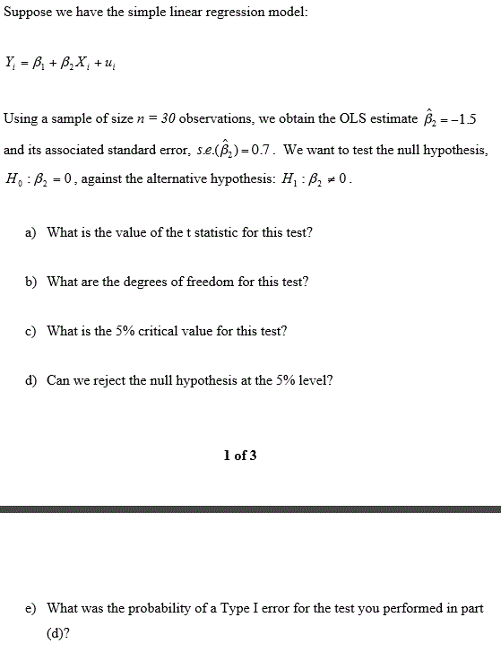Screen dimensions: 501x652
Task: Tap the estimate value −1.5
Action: pyautogui.click(x=476, y=119)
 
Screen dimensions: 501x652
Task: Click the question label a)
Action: pyautogui.click(x=30, y=232)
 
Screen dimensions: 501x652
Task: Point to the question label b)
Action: pyautogui.click(x=30, y=282)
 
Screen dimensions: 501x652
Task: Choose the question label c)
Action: pyautogui.click(x=30, y=331)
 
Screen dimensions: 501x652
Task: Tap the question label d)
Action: pyautogui.click(x=30, y=380)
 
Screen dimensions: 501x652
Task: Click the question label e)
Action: pyautogui.click(x=30, y=608)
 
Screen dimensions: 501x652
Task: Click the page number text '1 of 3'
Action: pyautogui.click(x=240, y=456)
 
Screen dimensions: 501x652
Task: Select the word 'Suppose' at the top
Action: pyautogui.click(x=26, y=13)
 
